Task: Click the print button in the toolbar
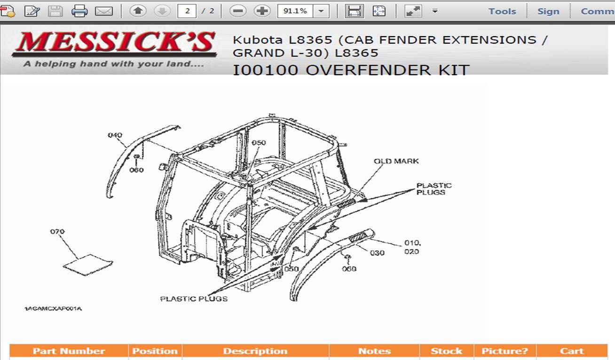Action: (x=79, y=11)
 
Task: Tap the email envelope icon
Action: (x=103, y=11)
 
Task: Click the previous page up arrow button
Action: (x=138, y=11)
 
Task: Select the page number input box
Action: (x=187, y=11)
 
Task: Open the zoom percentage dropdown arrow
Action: (x=321, y=11)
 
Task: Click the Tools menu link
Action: (x=502, y=11)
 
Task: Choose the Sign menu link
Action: (x=548, y=11)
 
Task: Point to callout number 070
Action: (x=57, y=231)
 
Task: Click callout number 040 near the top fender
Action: (x=115, y=135)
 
